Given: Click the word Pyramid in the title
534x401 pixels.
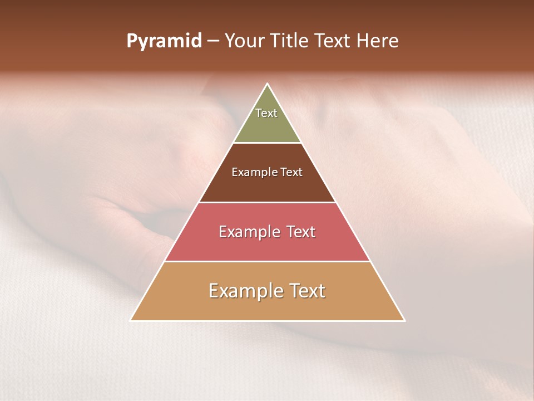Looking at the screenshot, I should click(164, 41).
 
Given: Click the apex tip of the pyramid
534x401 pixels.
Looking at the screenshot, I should click(268, 85).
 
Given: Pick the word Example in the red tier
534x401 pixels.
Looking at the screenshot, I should click(248, 232).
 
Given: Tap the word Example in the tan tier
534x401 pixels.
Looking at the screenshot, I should click(242, 291).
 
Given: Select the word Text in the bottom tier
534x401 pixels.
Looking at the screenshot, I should click(304, 291).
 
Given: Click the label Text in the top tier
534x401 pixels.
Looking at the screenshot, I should click(266, 113).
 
